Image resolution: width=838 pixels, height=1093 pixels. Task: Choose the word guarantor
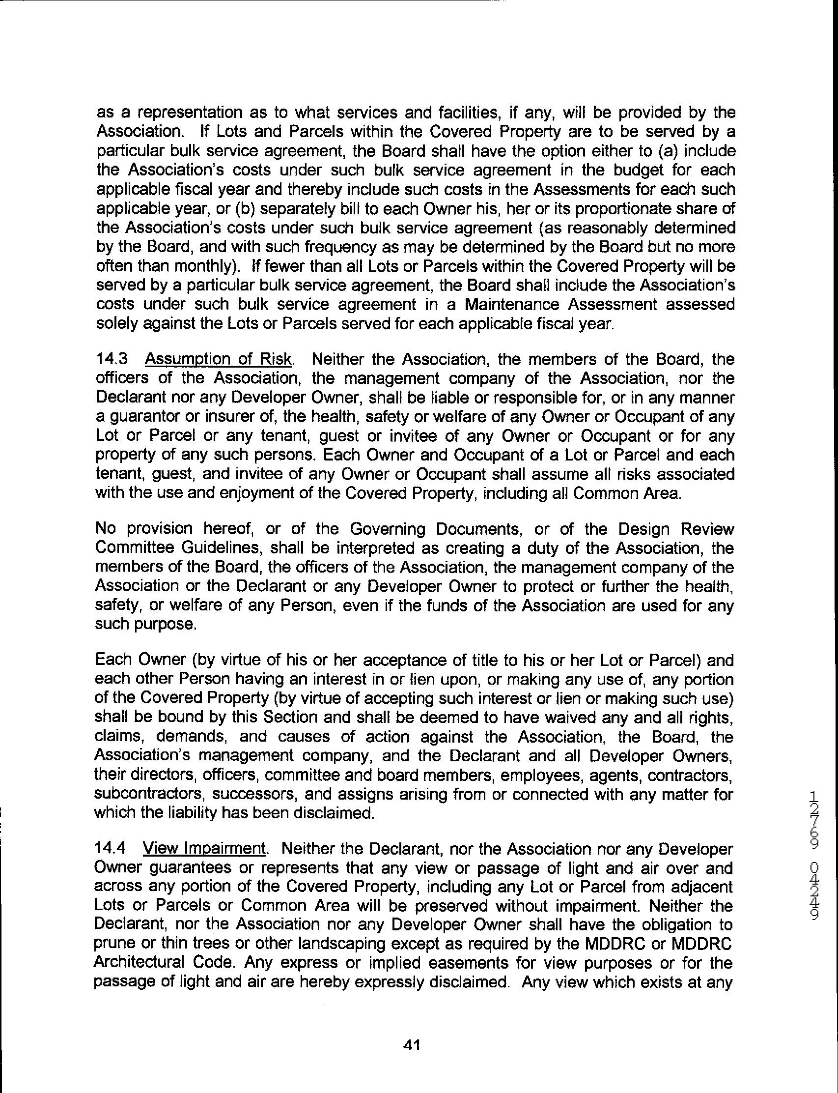[x=144, y=417]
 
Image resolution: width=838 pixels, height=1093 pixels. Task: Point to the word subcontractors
[x=152, y=794]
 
